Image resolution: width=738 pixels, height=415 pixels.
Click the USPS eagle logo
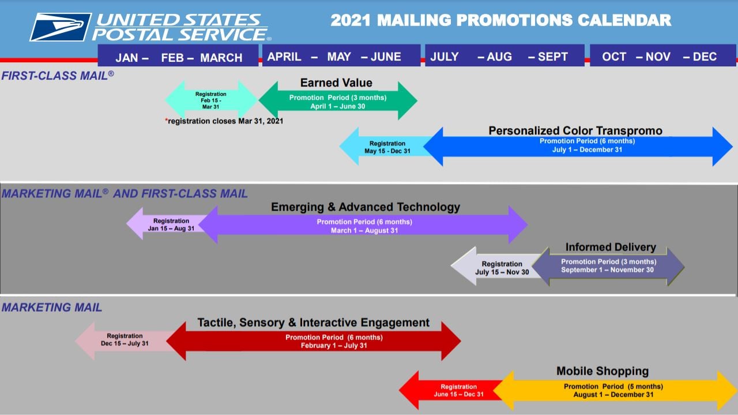(60, 27)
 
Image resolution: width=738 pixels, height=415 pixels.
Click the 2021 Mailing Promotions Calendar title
(500, 21)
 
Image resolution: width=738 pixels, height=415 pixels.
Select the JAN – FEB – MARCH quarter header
(178, 57)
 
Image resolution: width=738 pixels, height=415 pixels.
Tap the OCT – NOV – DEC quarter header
(662, 57)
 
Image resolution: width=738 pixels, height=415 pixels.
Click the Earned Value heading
(336, 83)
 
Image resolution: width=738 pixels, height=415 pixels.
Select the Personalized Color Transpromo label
(575, 130)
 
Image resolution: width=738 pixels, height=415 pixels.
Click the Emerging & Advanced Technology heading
(366, 207)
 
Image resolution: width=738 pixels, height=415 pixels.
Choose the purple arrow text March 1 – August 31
(364, 231)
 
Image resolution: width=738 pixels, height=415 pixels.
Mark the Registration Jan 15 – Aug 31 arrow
(167, 225)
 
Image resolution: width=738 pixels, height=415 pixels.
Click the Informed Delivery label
(611, 247)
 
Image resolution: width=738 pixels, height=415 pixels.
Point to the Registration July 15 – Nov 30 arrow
(499, 268)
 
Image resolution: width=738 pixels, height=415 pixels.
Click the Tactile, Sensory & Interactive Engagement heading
(313, 323)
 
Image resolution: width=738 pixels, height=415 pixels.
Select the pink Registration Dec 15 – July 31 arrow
(123, 340)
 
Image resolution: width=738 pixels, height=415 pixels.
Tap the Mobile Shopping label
(602, 371)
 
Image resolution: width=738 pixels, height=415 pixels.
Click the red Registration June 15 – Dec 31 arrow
(455, 391)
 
